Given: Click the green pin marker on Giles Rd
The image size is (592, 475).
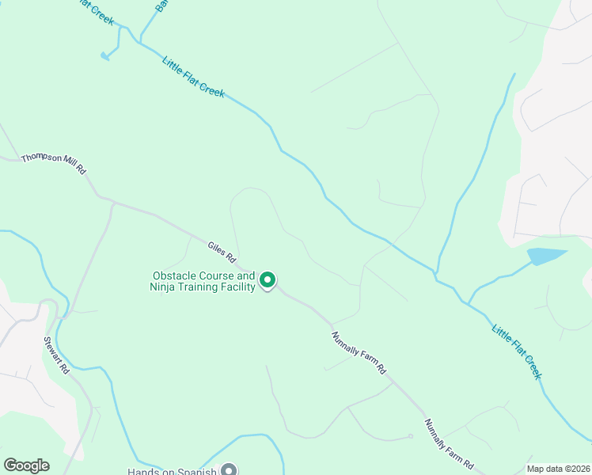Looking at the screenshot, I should coord(268,279).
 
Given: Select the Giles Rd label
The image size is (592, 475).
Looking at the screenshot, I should coord(222,253).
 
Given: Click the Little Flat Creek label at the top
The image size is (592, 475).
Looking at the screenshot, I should coord(193,77).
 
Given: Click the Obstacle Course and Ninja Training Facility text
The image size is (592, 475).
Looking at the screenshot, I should coord(203,281).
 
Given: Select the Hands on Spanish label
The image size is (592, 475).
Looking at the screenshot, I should coord(173,471).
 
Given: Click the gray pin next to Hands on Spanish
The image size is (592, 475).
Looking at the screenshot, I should coord(229,469).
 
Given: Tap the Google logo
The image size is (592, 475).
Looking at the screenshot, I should coord(26,465).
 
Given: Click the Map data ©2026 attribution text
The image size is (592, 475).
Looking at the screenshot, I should coord(558,469).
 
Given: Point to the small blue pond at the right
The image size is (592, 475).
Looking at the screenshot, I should coord(546,256).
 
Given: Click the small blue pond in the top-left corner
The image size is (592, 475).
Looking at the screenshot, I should coord(105,55).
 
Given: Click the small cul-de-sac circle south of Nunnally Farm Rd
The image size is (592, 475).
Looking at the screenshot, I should coord(411,436).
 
